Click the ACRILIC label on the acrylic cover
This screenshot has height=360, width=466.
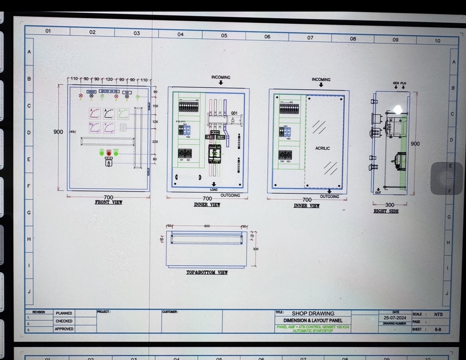[322, 148]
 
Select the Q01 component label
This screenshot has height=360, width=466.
[234, 113]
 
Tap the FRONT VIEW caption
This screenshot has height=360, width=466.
[108, 202]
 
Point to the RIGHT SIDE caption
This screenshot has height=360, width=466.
[386, 211]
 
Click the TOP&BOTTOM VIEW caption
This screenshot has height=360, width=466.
[207, 273]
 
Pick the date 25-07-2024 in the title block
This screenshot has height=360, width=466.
[395, 318]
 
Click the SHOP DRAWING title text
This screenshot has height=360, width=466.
[313, 313]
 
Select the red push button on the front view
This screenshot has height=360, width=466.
[109, 153]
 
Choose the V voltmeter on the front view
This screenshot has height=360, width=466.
[109, 128]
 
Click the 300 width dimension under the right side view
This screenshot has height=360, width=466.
[390, 205]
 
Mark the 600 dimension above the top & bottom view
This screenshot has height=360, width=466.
[207, 226]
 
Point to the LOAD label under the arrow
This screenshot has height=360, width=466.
[214, 189]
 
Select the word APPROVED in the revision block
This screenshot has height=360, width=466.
[64, 329]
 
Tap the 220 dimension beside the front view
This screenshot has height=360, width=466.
[155, 141]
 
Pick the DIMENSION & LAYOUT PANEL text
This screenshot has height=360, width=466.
[313, 321]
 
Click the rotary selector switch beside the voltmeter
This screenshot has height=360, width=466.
[123, 128]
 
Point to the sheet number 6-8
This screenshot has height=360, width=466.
[437, 329]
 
